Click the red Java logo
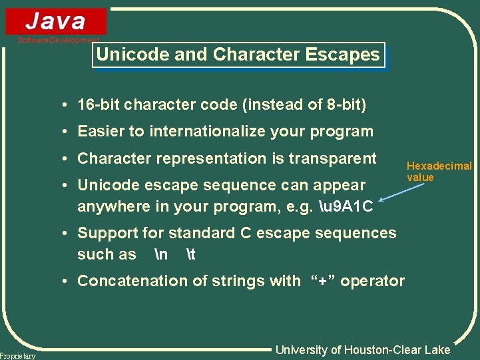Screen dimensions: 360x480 (x=56, y=21)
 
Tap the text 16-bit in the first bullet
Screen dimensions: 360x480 (x=99, y=105)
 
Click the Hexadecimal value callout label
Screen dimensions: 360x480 (x=439, y=172)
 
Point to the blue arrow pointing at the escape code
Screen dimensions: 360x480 (x=401, y=192)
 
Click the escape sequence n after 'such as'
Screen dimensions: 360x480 (x=160, y=254)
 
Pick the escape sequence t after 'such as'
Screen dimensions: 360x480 (x=190, y=254)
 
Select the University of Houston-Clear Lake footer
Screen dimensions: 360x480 (x=363, y=350)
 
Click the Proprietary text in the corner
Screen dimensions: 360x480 (x=18, y=356)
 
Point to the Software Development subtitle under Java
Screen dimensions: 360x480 (x=58, y=40)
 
